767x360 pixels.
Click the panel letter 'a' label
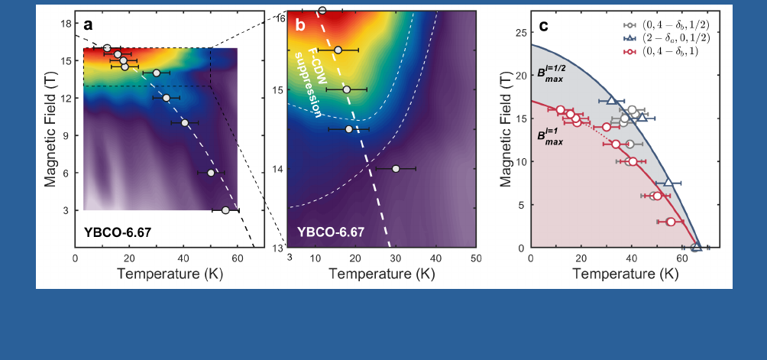88,25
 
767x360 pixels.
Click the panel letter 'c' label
543,25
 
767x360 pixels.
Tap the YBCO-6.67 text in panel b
331,231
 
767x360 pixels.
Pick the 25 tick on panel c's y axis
519,33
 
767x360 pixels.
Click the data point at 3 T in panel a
225,210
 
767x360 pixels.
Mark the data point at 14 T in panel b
396,168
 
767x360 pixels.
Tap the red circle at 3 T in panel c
671,222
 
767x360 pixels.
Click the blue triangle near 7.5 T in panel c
668,182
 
